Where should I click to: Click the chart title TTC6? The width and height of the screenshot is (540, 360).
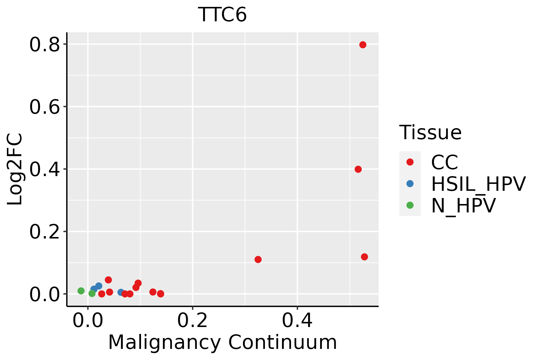point(222,15)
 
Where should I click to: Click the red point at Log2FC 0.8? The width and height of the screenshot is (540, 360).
point(363,45)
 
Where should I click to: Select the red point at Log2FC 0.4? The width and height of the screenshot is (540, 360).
point(358,169)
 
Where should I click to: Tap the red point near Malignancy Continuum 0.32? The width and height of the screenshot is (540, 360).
point(258,259)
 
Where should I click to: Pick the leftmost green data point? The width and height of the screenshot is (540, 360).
point(81,291)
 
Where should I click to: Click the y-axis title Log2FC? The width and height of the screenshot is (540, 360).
point(15,169)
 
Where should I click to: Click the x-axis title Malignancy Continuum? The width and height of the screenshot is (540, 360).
point(222,342)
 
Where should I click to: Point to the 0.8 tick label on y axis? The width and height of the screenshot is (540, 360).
point(44,45)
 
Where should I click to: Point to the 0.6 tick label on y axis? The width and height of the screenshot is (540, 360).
point(44,107)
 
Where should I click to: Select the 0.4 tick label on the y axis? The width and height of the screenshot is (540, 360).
point(44,170)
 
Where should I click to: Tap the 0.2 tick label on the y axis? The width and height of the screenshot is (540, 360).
point(44,232)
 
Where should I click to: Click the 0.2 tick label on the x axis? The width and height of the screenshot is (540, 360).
point(192,320)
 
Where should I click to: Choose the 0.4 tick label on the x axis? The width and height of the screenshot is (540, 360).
point(297,320)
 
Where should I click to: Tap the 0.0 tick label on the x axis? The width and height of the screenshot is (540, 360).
point(88,320)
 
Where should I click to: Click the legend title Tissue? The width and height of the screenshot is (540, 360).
point(430,132)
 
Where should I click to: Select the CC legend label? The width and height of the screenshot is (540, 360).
point(445,162)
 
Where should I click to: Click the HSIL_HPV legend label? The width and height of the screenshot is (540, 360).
point(478,184)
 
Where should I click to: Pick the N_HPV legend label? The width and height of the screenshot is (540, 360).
point(463,205)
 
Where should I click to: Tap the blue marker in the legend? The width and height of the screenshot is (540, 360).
point(410,184)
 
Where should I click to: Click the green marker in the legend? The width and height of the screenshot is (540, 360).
point(410,205)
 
